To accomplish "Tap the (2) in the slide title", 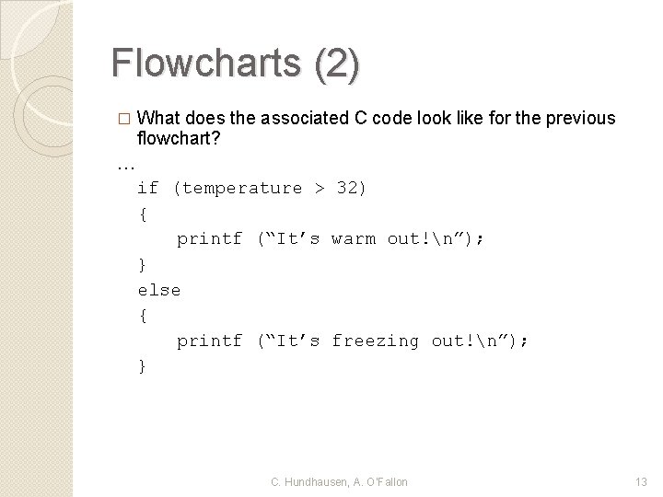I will (336, 64).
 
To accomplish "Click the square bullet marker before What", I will (125, 119).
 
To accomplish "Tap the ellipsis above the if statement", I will (126, 165).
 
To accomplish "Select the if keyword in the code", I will (147, 188).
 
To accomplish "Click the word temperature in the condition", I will (241, 188).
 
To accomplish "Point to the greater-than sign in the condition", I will (319, 188).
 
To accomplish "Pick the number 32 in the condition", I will (349, 188).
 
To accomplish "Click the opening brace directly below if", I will (142, 214).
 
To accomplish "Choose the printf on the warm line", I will (209, 239).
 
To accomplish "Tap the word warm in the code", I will (353, 239).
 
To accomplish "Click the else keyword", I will (158, 290).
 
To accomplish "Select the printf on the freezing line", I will (209, 341).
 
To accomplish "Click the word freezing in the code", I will (375, 341).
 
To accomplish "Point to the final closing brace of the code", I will (142, 366).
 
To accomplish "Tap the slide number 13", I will (642, 482).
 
